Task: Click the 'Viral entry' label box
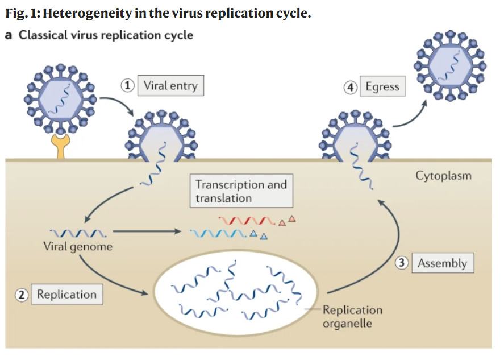[x=170, y=85]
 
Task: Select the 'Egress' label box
[x=382, y=87]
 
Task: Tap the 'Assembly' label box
[x=442, y=263]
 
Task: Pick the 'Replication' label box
[x=66, y=294]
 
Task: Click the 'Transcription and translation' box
[x=241, y=192]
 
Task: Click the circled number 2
[x=22, y=295]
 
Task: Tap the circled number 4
[x=351, y=88]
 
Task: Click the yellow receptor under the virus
[x=60, y=146]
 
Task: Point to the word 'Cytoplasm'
[x=443, y=176]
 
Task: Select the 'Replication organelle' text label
[x=352, y=316]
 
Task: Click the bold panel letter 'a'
[x=9, y=35]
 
